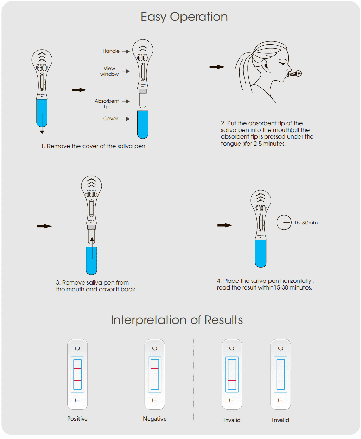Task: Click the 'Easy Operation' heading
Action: [x=184, y=17]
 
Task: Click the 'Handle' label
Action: [x=111, y=51]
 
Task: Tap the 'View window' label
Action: [x=109, y=71]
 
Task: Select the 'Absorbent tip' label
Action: [x=107, y=104]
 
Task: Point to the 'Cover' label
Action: [x=110, y=119]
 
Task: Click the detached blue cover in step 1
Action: [x=142, y=124]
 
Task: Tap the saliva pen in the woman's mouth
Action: [x=294, y=74]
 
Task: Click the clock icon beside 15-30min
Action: [x=284, y=222]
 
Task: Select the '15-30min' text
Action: [x=306, y=223]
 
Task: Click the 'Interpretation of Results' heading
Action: [x=177, y=320]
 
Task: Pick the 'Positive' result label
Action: [x=77, y=419]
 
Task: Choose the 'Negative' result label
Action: [x=155, y=419]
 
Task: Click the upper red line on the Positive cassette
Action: [x=77, y=368]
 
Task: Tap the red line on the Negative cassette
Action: [x=155, y=368]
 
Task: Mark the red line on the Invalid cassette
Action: [x=232, y=381]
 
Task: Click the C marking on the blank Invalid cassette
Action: [x=280, y=348]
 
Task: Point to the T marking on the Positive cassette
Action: [x=77, y=400]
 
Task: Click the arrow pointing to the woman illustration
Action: [x=217, y=67]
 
